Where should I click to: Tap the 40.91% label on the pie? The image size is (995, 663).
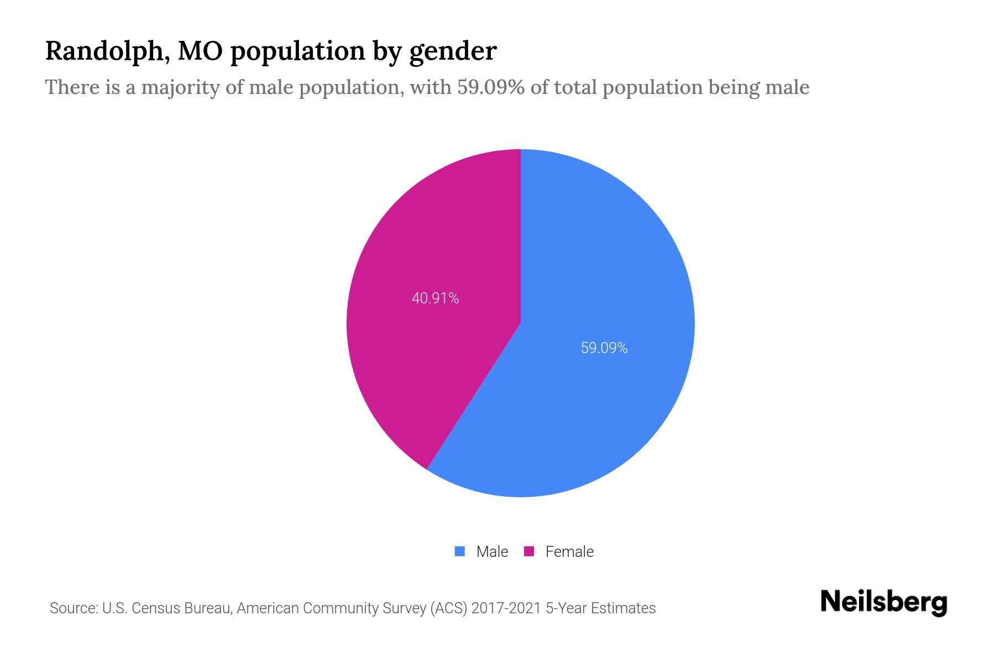[435, 298]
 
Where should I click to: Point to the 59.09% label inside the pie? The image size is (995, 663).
[604, 348]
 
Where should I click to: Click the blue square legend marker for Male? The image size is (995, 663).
[459, 551]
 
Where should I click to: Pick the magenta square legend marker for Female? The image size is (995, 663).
[529, 551]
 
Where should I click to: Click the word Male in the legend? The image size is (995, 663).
[492, 551]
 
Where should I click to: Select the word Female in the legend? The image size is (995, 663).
[569, 551]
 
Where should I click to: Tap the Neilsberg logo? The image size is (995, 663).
[883, 602]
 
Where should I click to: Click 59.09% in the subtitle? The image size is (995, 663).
[490, 87]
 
